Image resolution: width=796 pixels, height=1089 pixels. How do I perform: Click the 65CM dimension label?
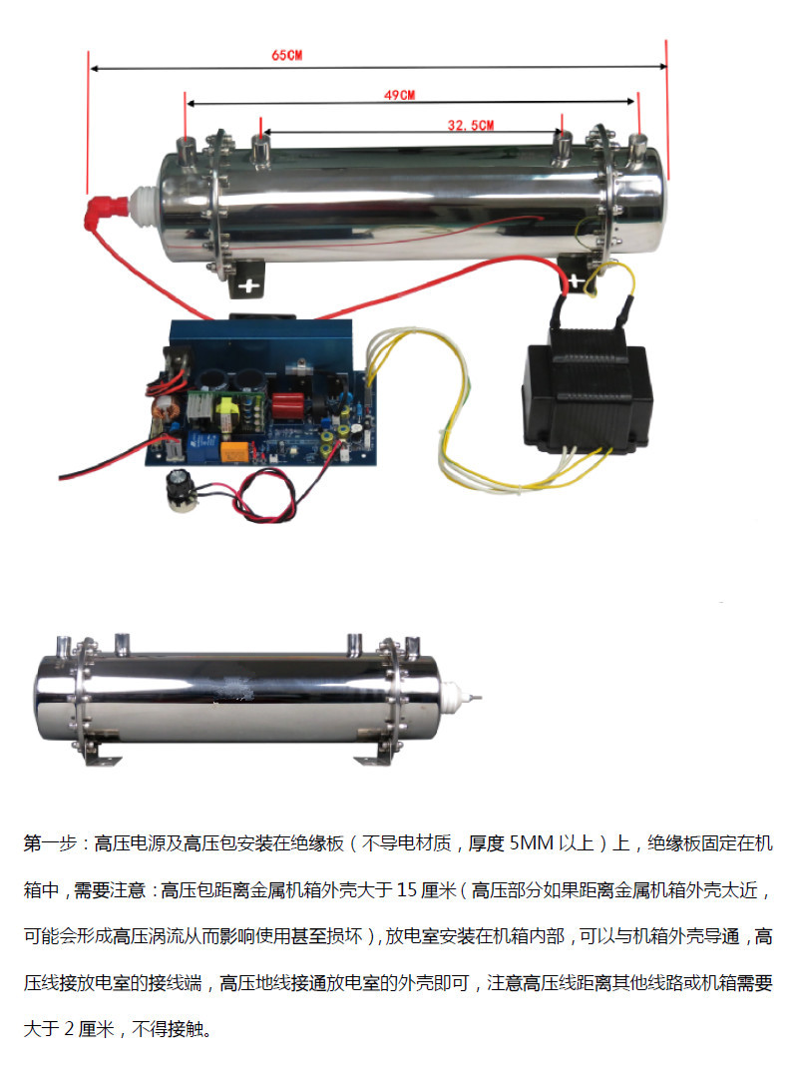coord(286,55)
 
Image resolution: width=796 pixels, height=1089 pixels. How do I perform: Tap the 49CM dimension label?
coord(400,95)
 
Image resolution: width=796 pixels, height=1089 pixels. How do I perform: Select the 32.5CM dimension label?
coord(471,125)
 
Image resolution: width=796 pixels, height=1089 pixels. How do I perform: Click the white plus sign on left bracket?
coord(249,285)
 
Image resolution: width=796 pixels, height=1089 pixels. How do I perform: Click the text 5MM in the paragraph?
coord(532,843)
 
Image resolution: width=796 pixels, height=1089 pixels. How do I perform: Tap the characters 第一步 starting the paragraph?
coord(49,843)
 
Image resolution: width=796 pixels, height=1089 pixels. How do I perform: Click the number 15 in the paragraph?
coord(407,889)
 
